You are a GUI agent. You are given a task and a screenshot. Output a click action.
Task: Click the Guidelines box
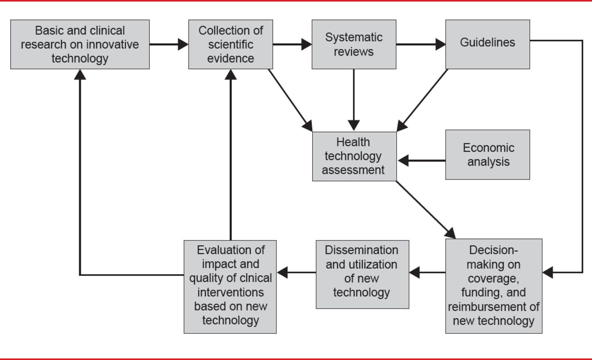[487, 44]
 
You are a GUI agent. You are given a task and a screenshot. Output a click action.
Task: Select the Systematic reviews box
[354, 44]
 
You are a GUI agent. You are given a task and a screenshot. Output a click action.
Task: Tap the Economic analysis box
[487, 155]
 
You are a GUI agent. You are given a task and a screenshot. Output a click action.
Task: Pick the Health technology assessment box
[354, 156]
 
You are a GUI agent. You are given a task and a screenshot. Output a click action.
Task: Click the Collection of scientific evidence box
[230, 44]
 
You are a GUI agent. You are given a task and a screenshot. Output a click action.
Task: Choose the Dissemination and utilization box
[362, 274]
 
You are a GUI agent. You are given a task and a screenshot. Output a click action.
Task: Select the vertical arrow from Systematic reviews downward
[354, 99]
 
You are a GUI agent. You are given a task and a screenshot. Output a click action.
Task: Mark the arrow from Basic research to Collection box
[169, 44]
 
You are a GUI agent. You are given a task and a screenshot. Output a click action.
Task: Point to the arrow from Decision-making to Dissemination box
[427, 273]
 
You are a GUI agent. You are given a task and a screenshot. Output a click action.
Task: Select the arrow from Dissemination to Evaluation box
[296, 273]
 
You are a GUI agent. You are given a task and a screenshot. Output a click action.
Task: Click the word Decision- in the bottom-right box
[493, 250]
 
